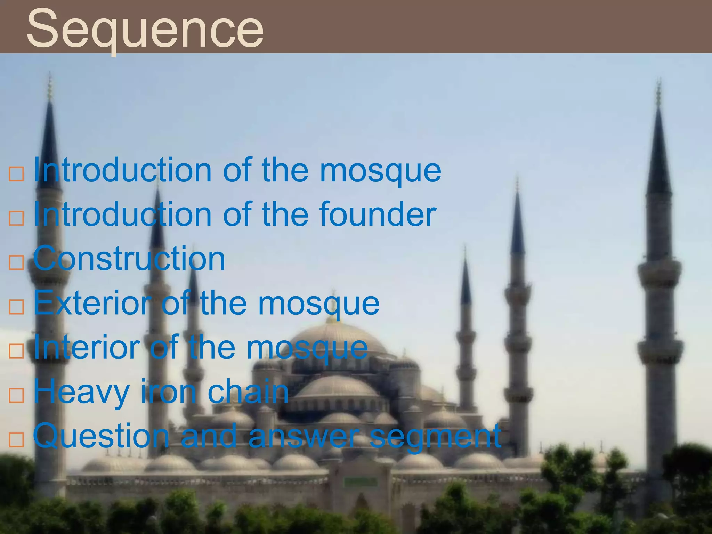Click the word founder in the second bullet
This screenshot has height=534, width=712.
pyautogui.click(x=378, y=215)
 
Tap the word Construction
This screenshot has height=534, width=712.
pyautogui.click(x=129, y=259)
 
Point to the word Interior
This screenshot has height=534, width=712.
pyautogui.click(x=87, y=347)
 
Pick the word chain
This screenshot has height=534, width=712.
pyautogui.click(x=248, y=391)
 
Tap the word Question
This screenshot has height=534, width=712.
pyautogui.click(x=101, y=437)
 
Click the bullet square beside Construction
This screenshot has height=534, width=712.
pyautogui.click(x=16, y=262)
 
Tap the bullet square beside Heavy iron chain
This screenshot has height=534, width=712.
pyautogui.click(x=16, y=395)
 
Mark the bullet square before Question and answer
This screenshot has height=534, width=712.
pyautogui.click(x=16, y=440)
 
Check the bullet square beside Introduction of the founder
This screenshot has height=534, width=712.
pyautogui.click(x=16, y=218)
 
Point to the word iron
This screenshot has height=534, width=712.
pyautogui.click(x=168, y=391)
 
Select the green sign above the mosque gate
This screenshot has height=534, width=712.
pyautogui.click(x=361, y=482)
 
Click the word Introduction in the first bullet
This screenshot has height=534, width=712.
pyautogui.click(x=122, y=170)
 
